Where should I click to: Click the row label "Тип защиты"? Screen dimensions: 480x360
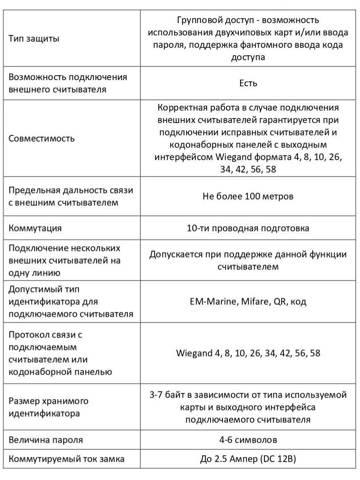34,38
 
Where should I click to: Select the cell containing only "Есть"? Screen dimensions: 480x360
248,83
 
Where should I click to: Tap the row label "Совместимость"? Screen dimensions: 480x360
42,138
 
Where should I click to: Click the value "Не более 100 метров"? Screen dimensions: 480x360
248,196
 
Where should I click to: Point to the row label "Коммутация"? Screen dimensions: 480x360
35,228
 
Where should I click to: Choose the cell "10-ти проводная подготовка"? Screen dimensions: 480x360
248,228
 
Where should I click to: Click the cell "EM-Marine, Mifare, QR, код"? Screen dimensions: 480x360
248,302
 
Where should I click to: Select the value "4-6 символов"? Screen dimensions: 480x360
248,440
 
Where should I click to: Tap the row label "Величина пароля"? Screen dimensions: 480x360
46,440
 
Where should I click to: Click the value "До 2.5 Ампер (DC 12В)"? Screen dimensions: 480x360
248,459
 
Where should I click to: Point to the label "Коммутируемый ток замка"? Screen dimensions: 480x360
66,459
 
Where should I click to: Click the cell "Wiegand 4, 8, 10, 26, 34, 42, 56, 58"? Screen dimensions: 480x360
248,353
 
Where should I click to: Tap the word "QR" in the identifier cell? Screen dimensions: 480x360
280,302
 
